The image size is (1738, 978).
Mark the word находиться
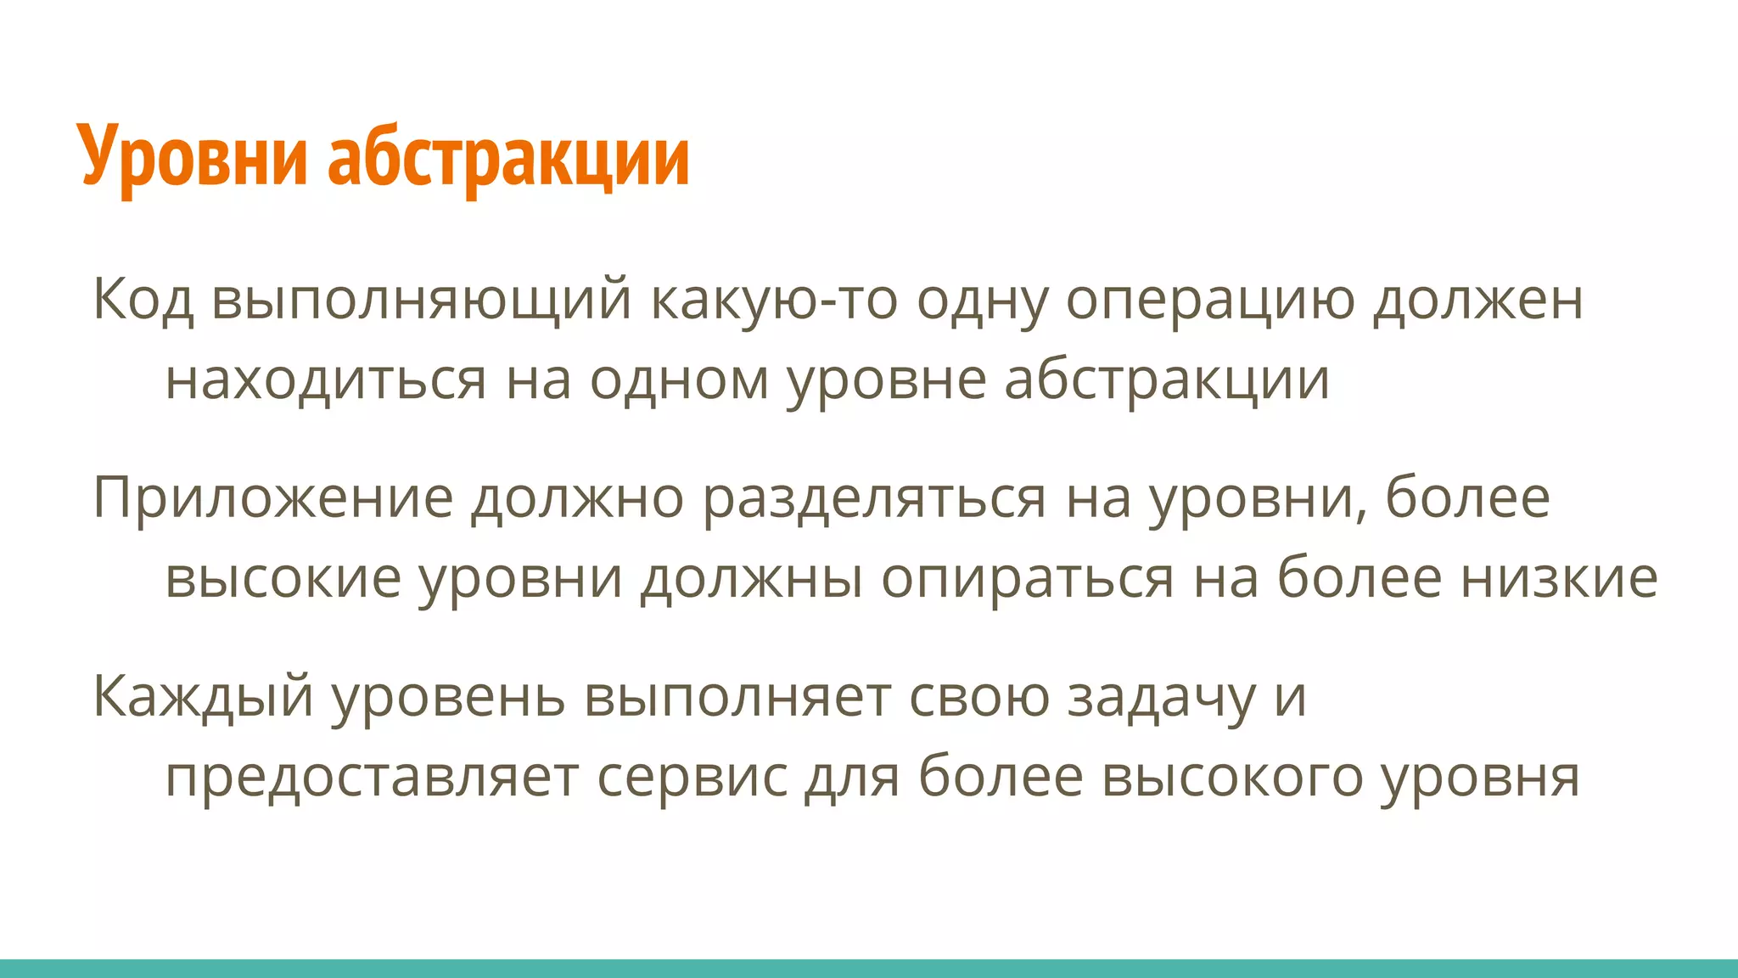(x=326, y=379)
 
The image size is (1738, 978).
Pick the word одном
(x=679, y=379)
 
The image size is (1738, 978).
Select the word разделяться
(x=874, y=497)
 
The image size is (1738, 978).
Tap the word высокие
(x=283, y=578)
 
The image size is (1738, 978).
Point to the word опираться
(x=1028, y=578)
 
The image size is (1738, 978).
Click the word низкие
(x=1559, y=578)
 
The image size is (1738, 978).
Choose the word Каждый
(x=203, y=696)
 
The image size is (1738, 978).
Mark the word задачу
(x=1160, y=696)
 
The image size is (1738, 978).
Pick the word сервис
(x=692, y=777)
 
